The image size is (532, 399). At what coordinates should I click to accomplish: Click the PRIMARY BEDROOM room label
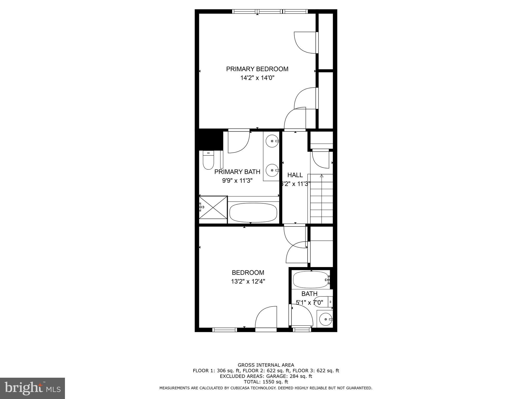pyautogui.click(x=257, y=69)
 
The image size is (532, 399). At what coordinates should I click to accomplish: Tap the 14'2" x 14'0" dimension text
pyautogui.click(x=257, y=78)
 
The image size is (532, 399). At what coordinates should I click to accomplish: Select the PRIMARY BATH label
pyautogui.click(x=237, y=172)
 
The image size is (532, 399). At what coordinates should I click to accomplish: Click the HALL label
pyautogui.click(x=295, y=175)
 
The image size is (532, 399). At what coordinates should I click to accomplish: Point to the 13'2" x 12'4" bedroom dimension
pyautogui.click(x=248, y=281)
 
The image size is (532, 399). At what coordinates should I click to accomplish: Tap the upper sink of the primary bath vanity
pyautogui.click(x=272, y=141)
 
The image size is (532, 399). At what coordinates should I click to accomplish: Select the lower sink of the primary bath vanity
pyautogui.click(x=272, y=170)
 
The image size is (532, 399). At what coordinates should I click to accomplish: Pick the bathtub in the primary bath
pyautogui.click(x=253, y=212)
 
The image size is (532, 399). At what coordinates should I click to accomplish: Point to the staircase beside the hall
pyautogui.click(x=322, y=199)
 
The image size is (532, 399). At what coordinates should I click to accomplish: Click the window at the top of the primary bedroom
pyautogui.click(x=270, y=11)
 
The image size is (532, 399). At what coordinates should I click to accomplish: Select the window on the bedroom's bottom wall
pyautogui.click(x=225, y=330)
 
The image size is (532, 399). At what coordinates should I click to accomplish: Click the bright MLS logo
pyautogui.click(x=32, y=388)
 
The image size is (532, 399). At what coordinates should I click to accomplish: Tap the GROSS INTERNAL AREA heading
pyautogui.click(x=266, y=365)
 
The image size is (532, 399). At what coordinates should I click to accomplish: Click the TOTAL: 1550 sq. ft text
pyautogui.click(x=266, y=382)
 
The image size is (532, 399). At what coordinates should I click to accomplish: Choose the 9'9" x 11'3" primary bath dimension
pyautogui.click(x=237, y=181)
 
